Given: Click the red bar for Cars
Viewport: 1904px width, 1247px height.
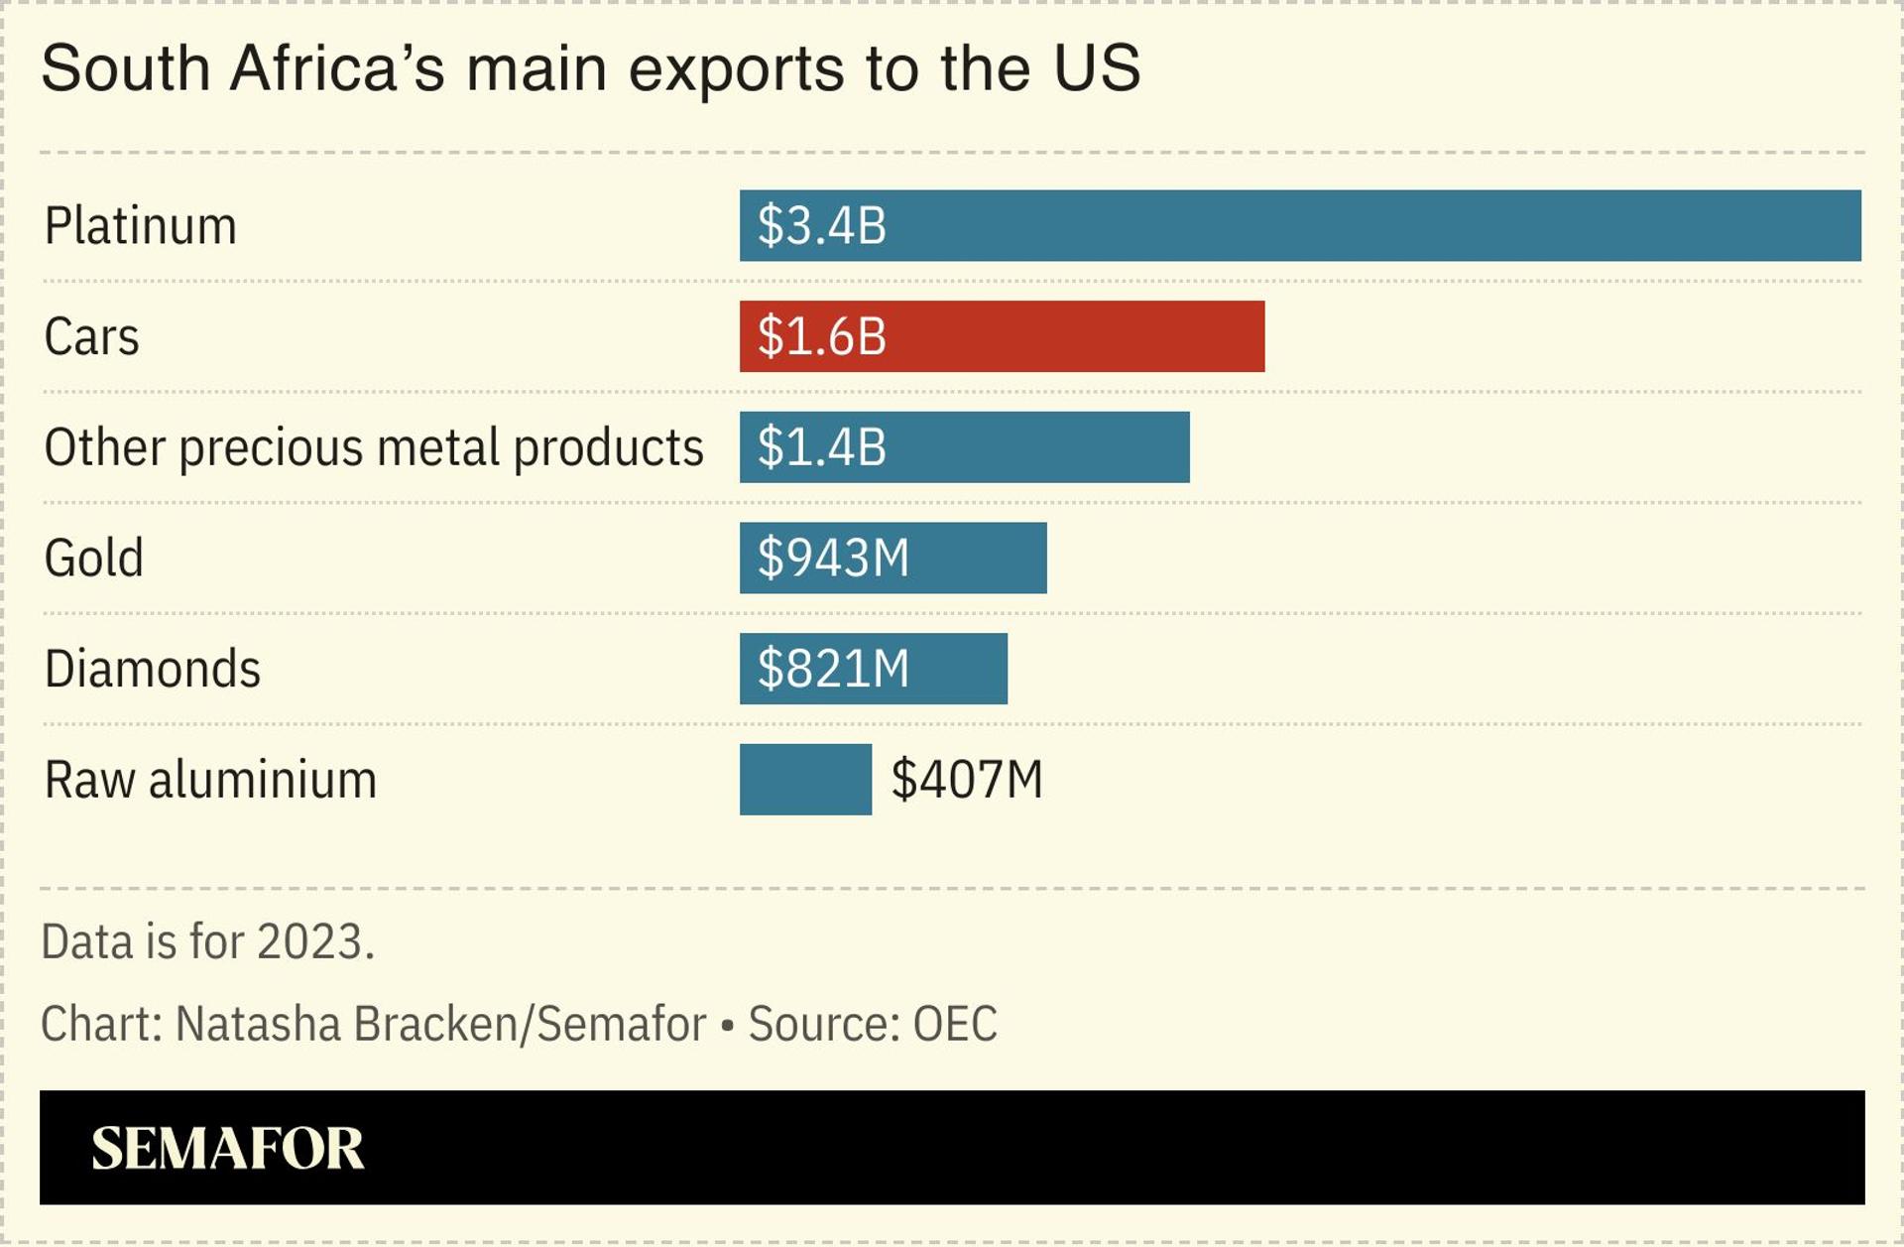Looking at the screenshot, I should coord(1071,336).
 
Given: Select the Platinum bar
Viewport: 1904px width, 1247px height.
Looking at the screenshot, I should coord(1368,226).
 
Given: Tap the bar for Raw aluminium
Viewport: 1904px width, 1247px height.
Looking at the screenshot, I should coord(805,780).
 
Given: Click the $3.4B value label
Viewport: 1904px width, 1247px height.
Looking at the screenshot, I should coord(821,226).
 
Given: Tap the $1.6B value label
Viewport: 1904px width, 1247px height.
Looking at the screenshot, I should coord(821,336).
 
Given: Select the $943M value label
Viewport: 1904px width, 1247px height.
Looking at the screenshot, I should coord(833,558).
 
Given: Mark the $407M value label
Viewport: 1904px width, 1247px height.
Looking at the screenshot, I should coord(967,780).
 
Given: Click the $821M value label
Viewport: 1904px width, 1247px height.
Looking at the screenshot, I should coord(833,669).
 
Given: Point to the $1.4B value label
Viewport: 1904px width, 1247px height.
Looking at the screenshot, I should coord(821,447).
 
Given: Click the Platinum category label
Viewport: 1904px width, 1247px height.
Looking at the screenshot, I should coord(140,226).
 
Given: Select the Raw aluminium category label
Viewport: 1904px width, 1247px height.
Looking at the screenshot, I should coord(210,780).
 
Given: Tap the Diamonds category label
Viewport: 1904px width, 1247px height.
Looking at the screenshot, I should coord(152,669).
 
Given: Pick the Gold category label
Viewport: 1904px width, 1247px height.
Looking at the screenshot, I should coord(93,558).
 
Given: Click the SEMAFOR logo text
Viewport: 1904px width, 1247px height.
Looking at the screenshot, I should coord(227,1148).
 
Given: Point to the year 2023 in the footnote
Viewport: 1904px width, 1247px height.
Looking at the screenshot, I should coord(311,941).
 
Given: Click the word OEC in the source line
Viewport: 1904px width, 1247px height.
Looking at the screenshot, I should coord(954,1024).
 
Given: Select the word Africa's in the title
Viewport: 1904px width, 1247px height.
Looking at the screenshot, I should coord(337,68).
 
